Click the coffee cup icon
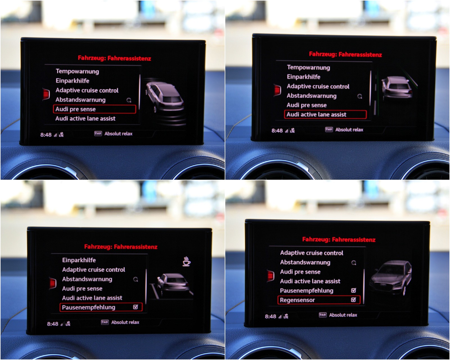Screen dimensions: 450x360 pyautogui.click(x=186, y=261)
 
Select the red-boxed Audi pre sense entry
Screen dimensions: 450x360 pyautogui.click(x=94, y=109)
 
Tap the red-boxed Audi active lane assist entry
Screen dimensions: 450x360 pyautogui.click(x=325, y=115)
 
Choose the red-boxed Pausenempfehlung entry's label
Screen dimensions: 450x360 pyautogui.click(x=89, y=307)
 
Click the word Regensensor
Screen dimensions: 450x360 pyautogui.click(x=297, y=300)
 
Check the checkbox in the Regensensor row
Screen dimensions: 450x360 pyautogui.click(x=354, y=300)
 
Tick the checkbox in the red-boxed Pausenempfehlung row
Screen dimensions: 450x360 pyautogui.click(x=136, y=307)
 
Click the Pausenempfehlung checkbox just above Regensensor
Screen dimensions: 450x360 pyautogui.click(x=354, y=290)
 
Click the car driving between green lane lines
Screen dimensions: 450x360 pyautogui.click(x=397, y=88)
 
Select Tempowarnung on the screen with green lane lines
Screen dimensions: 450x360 pyautogui.click(x=309, y=67)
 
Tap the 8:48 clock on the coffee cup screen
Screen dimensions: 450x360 pyautogui.click(x=53, y=324)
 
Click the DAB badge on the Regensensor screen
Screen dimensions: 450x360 pyautogui.click(x=323, y=315)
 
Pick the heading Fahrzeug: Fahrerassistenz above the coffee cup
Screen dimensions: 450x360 pyautogui.click(x=121, y=247)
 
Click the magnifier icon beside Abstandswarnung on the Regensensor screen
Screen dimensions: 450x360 pyautogui.click(x=354, y=263)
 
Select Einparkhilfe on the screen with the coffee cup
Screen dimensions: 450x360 pyautogui.click(x=79, y=260)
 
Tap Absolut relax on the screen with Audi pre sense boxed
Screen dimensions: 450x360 pyautogui.click(x=118, y=134)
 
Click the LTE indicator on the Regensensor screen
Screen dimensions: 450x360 pyautogui.click(x=286, y=316)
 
